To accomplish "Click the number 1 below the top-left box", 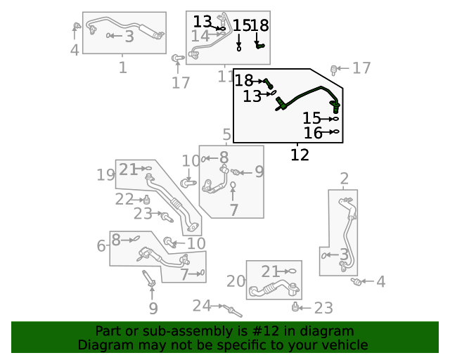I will pyautogui.click(x=123, y=67).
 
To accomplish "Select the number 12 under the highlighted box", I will pyautogui.click(x=300, y=155).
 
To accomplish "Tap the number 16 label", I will pyautogui.click(x=313, y=133).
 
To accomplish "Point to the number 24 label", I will pyautogui.click(x=202, y=305).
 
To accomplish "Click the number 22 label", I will pyautogui.click(x=124, y=200).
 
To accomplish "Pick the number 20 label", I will pyautogui.click(x=236, y=282).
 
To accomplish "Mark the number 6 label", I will pyautogui.click(x=101, y=245).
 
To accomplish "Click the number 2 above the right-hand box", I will pyautogui.click(x=344, y=179).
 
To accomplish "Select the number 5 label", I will pyautogui.click(x=226, y=134).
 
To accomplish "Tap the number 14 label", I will pyautogui.click(x=200, y=35).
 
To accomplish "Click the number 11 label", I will pyautogui.click(x=226, y=76).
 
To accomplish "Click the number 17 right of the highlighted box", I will pyautogui.click(x=361, y=68).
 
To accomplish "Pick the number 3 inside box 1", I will pyautogui.click(x=129, y=37).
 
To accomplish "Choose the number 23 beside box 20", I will pyautogui.click(x=323, y=308).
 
